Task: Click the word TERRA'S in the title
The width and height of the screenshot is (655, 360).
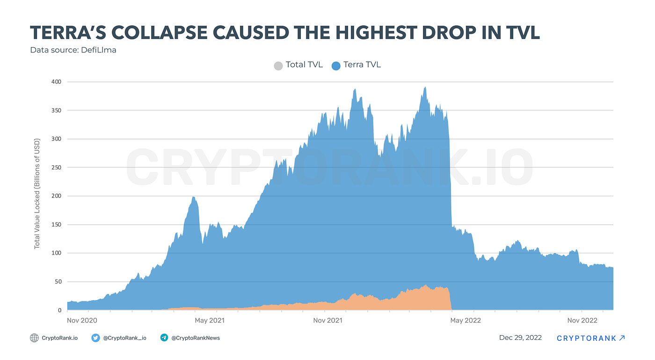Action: [68, 32]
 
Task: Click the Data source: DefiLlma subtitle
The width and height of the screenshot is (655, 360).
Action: [73, 50]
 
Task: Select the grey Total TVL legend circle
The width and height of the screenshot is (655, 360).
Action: [278, 66]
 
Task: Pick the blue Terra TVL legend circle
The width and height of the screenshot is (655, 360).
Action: [336, 66]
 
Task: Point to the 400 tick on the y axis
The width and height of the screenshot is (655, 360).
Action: [56, 81]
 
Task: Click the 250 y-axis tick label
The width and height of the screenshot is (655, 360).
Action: [56, 168]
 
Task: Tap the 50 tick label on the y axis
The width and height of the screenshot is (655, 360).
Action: [58, 281]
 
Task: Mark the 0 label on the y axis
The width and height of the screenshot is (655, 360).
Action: [60, 310]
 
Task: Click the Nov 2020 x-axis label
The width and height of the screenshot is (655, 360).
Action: [82, 321]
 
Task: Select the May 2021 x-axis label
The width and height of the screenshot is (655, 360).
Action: [210, 321]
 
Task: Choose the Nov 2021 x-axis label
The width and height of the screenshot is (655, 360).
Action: [328, 321]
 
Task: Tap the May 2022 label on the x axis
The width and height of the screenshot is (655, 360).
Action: [466, 321]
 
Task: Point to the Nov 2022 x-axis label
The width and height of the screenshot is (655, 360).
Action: [582, 321]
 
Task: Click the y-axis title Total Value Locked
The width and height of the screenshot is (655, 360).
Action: [37, 194]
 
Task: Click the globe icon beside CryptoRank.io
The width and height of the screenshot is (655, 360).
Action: [34, 338]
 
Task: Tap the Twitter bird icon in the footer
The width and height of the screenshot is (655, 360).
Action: [95, 338]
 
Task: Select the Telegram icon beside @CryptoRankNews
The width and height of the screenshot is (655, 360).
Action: [164, 338]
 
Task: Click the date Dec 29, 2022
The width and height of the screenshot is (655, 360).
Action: [520, 338]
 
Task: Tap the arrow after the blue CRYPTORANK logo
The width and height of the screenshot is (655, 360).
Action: [622, 338]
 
